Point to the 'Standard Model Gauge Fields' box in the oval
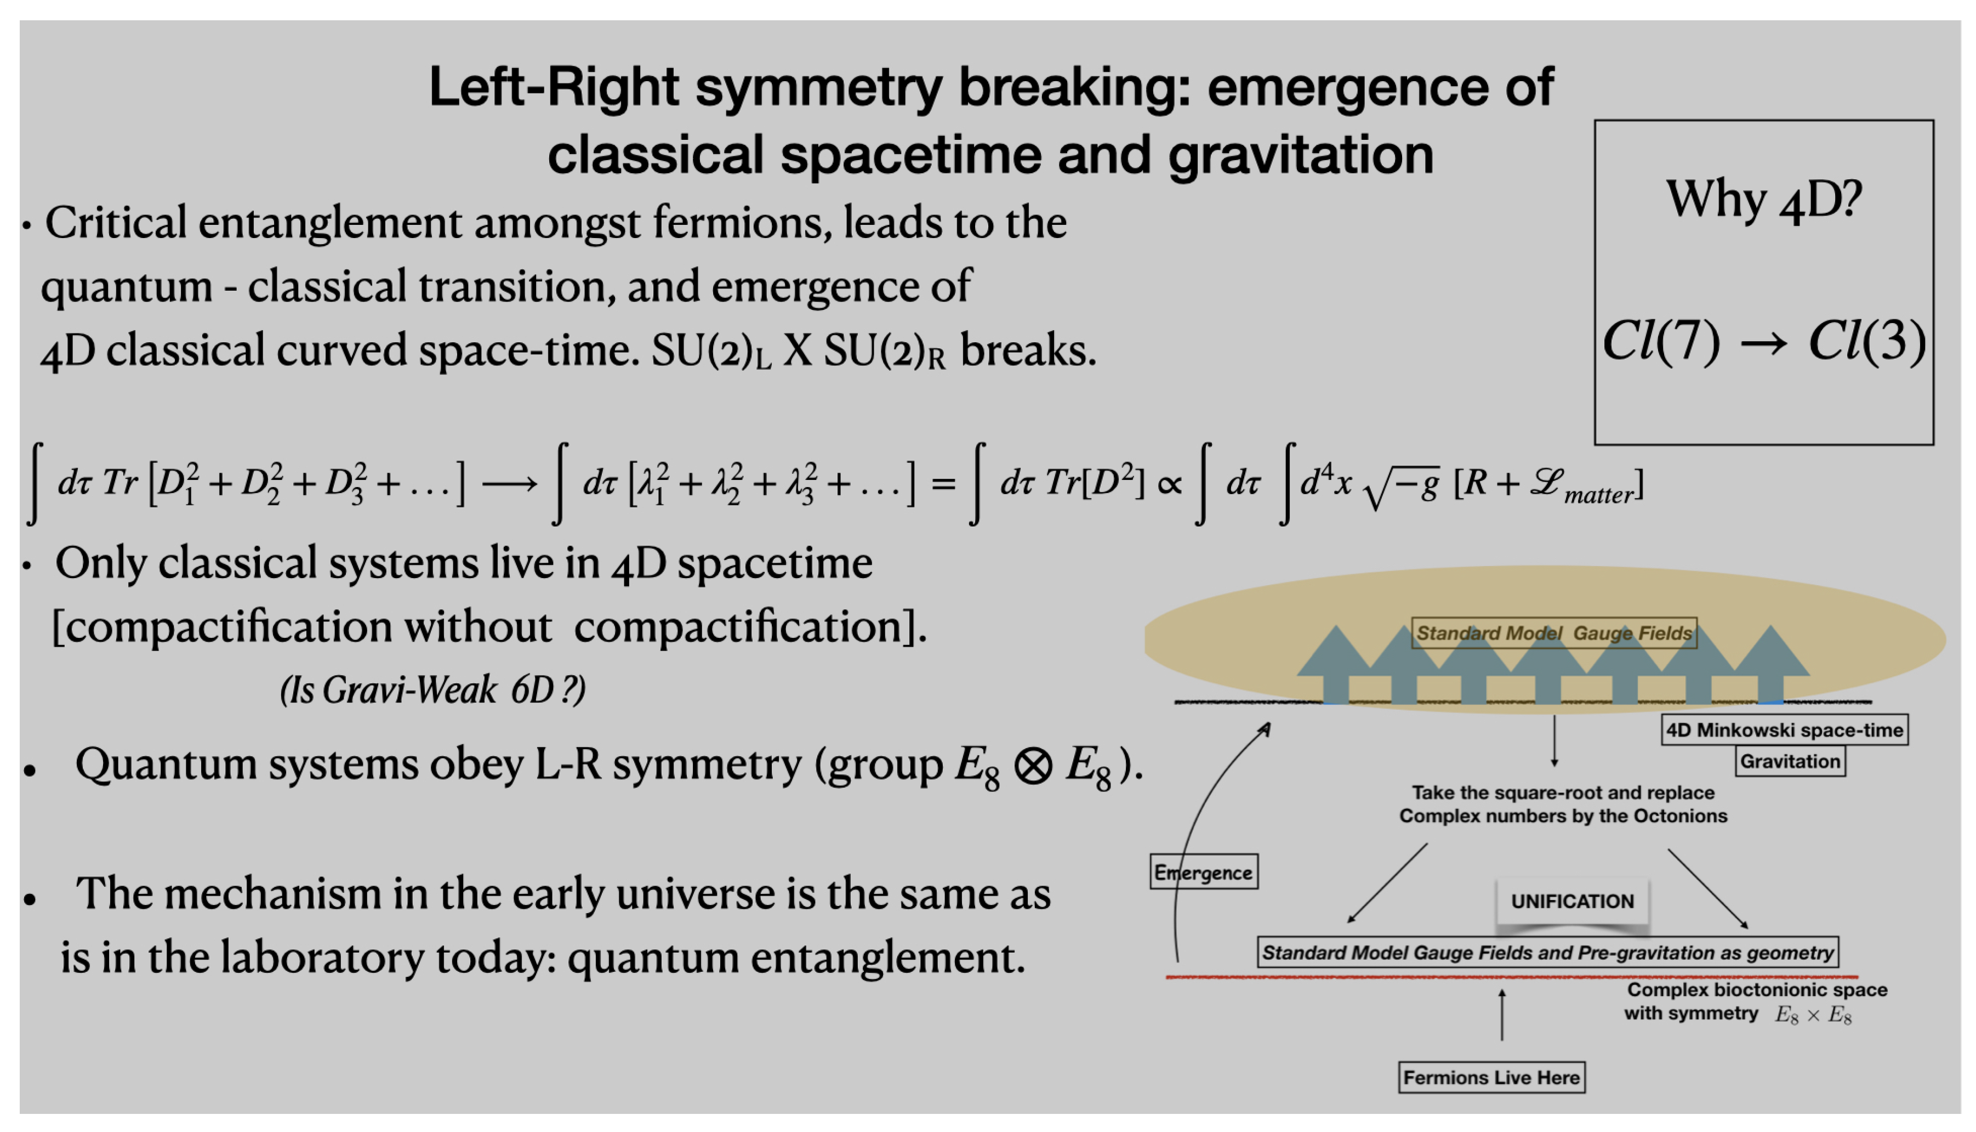[1553, 633]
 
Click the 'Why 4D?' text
[1763, 200]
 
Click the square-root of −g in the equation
[1401, 485]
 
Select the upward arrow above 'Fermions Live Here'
[1501, 1014]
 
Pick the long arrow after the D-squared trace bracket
[509, 484]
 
